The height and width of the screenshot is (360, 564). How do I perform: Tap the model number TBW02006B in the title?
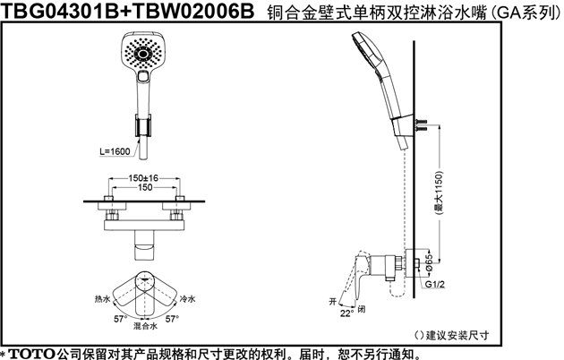pyautogui.click(x=193, y=11)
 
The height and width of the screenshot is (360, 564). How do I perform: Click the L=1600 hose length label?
pyautogui.click(x=115, y=151)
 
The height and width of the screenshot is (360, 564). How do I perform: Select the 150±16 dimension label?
pyautogui.click(x=143, y=178)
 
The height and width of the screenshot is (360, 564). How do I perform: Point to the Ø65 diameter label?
pyautogui.click(x=429, y=263)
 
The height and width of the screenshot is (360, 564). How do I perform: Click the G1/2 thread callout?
pyautogui.click(x=435, y=284)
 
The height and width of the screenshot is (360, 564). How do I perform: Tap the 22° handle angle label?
pyautogui.click(x=346, y=313)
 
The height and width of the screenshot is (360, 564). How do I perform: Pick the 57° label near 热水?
pyautogui.click(x=121, y=319)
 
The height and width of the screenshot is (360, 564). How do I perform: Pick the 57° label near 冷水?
pyautogui.click(x=172, y=319)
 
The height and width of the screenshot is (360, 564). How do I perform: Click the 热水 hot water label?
pyautogui.click(x=103, y=299)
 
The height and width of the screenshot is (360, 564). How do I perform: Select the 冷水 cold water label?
pyautogui.click(x=187, y=299)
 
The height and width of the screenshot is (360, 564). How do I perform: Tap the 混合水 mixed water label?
pyautogui.click(x=145, y=326)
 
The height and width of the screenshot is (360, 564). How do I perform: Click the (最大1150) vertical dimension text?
pyautogui.click(x=439, y=193)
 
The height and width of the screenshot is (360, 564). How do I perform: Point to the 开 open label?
pyautogui.click(x=333, y=301)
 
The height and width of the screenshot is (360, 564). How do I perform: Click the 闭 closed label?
pyautogui.click(x=362, y=309)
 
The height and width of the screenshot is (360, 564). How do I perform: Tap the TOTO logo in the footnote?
pyautogui.click(x=31, y=354)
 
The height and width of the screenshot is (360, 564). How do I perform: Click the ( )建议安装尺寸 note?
pyautogui.click(x=452, y=335)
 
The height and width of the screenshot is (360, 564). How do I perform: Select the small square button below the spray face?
pyautogui.click(x=143, y=76)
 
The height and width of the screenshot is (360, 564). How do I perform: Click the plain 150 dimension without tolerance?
pyautogui.click(x=145, y=187)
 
